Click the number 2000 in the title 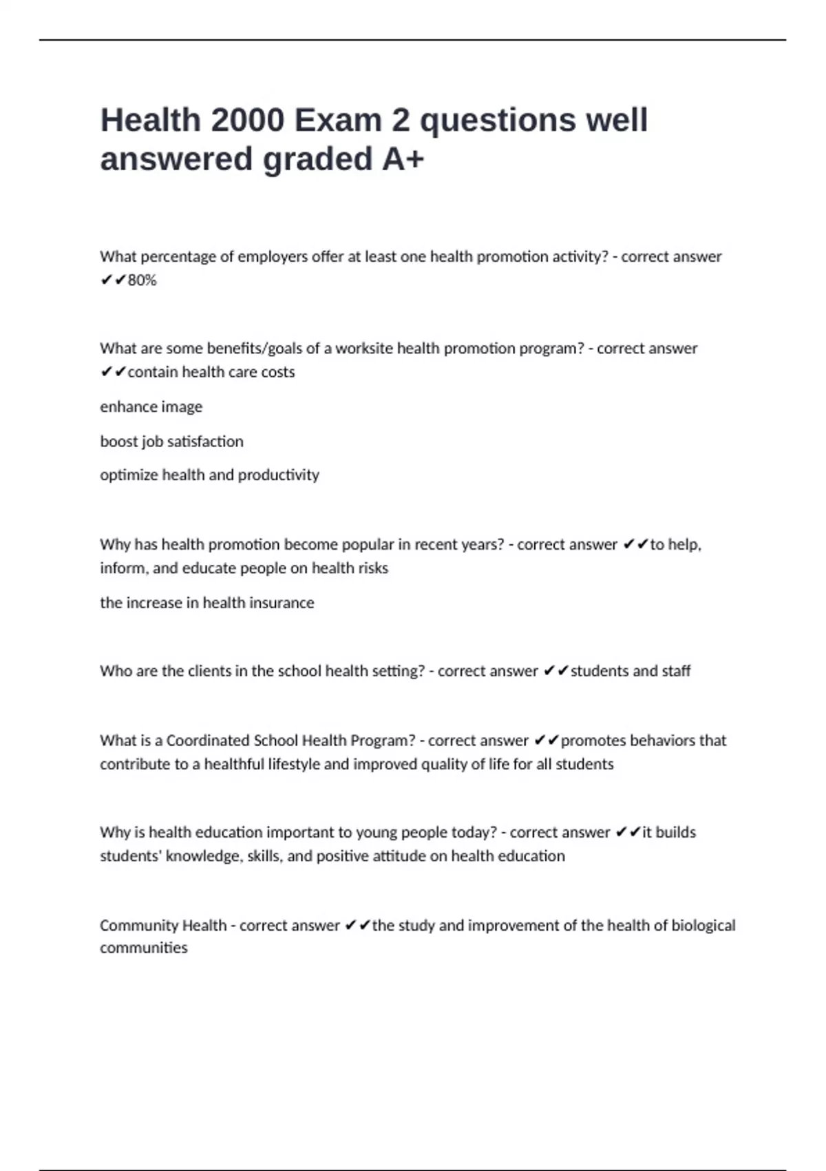[x=248, y=121]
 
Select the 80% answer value [x=142, y=280]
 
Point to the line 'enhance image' [x=151, y=407]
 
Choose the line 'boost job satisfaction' [x=171, y=442]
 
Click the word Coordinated [x=208, y=740]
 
